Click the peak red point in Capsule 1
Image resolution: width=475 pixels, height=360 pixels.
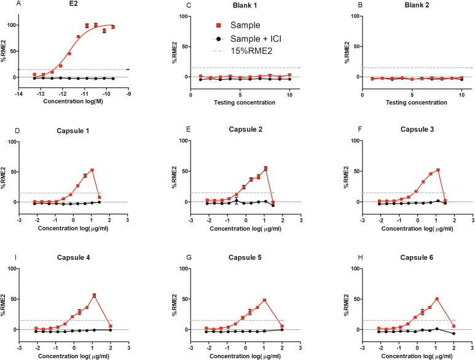[x=92, y=170]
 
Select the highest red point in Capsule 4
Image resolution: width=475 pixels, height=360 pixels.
[x=94, y=295]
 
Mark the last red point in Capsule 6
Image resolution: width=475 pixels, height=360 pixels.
[x=453, y=326]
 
